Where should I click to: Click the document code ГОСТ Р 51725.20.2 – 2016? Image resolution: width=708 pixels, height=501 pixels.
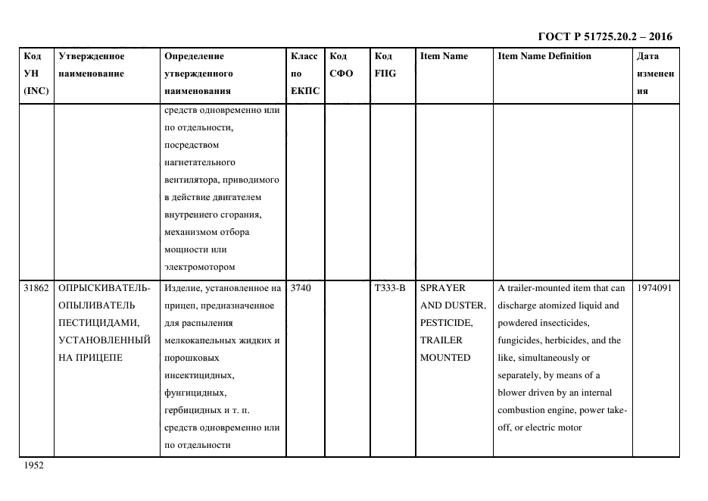click(604, 36)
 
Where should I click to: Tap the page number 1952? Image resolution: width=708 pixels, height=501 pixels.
click(35, 466)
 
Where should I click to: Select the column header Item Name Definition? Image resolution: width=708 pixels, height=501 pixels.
click(544, 56)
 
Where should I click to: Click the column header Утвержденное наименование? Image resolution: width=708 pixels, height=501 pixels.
click(92, 65)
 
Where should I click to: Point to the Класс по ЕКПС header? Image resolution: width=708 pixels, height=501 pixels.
click(305, 74)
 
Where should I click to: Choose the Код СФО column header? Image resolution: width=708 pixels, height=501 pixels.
click(342, 65)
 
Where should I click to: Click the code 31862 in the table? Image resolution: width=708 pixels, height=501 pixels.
click(36, 288)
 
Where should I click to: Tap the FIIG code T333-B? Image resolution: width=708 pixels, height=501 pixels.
click(390, 288)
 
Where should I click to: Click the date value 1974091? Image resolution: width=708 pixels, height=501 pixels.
click(655, 288)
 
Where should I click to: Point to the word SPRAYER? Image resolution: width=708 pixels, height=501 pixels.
click(443, 288)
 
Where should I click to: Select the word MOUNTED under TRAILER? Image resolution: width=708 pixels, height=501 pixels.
click(445, 358)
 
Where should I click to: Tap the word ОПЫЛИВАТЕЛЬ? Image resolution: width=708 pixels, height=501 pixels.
click(96, 305)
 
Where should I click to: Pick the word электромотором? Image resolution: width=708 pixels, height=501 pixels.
click(199, 267)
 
